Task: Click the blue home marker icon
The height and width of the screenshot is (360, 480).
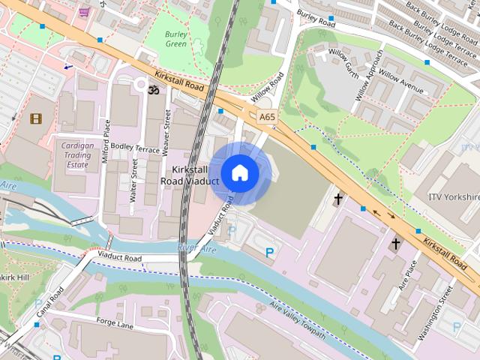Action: coord(239,172)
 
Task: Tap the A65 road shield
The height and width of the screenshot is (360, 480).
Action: coord(266,117)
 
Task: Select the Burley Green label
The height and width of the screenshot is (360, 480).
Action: coord(175,38)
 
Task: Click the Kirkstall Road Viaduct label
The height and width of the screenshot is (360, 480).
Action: coord(190,175)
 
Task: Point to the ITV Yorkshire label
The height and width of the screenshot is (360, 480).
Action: coord(452,196)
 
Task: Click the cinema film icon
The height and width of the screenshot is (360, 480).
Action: coord(35,118)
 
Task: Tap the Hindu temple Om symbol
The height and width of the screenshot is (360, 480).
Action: coord(154,90)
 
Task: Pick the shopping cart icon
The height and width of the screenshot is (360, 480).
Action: coord(84,12)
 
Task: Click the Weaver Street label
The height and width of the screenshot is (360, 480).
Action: coord(166,133)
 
